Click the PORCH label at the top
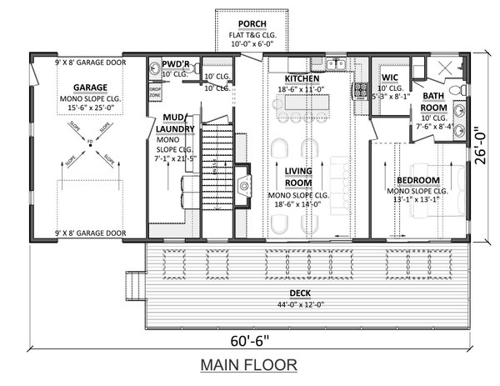[252, 23]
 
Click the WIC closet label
[390, 78]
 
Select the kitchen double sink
[336, 64]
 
